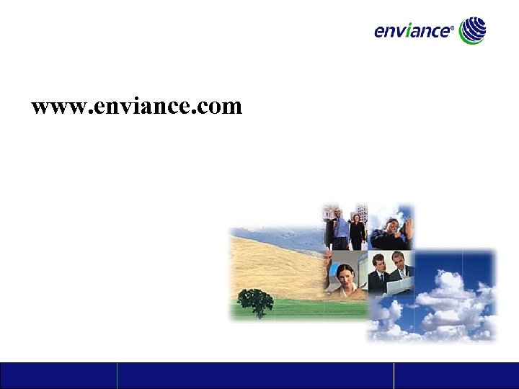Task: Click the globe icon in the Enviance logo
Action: [473, 30]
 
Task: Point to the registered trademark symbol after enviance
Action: [452, 30]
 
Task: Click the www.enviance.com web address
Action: [137, 107]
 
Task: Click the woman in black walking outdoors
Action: [357, 231]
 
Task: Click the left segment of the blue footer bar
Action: [58, 375]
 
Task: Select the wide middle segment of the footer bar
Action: [255, 375]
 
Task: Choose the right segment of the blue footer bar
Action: [456, 375]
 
